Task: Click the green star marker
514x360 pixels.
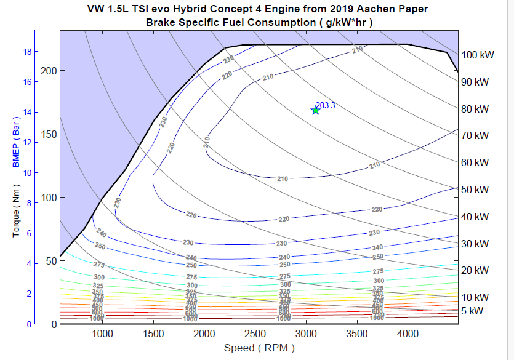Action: pyautogui.click(x=316, y=110)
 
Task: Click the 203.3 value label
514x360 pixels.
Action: pyautogui.click(x=325, y=105)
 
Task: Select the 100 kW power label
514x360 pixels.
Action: pyautogui.click(x=478, y=55)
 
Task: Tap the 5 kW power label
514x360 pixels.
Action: pyautogui.click(x=473, y=311)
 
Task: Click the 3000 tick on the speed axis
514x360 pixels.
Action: pyautogui.click(x=306, y=334)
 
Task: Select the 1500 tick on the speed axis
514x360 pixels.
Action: pyautogui.click(x=153, y=334)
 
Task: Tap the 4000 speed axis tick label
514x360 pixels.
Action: pyautogui.click(x=408, y=334)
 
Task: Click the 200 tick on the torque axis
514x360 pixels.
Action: pyautogui.click(x=49, y=71)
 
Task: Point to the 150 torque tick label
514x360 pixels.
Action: pyautogui.click(x=49, y=134)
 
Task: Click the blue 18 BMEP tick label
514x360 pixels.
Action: pyautogui.click(x=27, y=52)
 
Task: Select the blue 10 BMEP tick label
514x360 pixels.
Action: pyautogui.click(x=27, y=172)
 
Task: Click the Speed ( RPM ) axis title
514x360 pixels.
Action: pyautogui.click(x=259, y=348)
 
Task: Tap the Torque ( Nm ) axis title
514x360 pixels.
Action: pyautogui.click(x=16, y=214)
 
